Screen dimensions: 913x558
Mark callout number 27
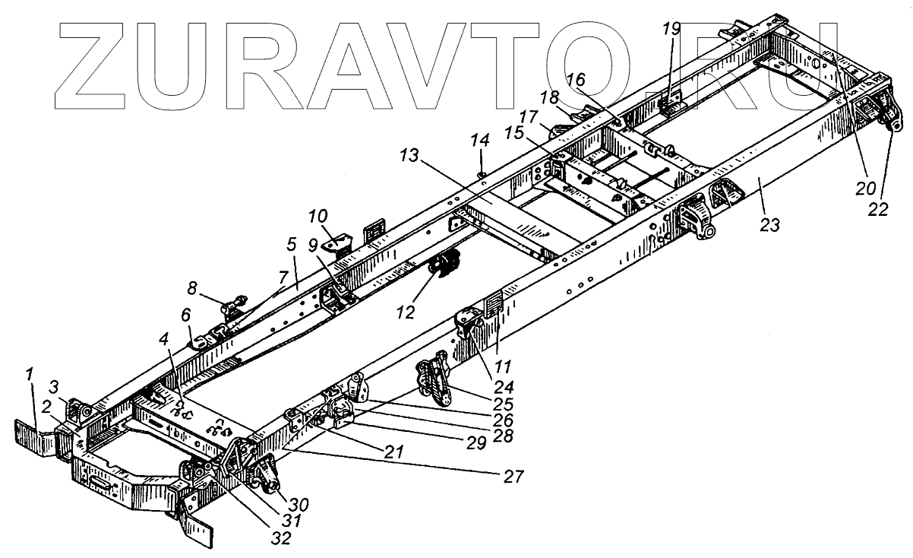513,477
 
